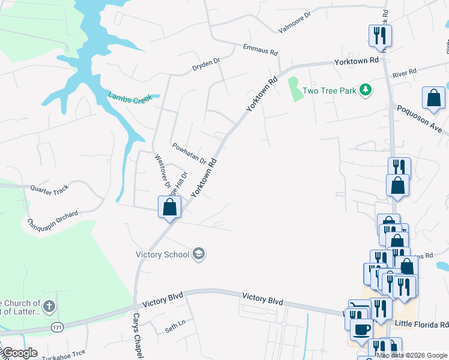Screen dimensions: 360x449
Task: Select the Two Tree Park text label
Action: point(330,91)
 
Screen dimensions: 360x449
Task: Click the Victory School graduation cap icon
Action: point(199,254)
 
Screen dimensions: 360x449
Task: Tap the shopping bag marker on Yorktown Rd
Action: point(170,208)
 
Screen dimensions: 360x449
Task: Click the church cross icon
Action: point(49,307)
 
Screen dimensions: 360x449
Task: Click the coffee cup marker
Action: point(362,329)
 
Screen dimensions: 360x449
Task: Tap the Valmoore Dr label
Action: point(295,22)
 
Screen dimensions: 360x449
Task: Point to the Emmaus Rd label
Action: point(261,49)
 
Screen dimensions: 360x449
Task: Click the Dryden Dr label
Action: point(206,64)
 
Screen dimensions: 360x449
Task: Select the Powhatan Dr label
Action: point(189,154)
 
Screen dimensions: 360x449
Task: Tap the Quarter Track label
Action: point(53,189)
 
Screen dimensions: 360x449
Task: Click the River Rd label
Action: point(404,73)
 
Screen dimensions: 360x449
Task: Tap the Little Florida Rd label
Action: point(421,324)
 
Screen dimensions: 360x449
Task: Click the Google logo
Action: point(20,353)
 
